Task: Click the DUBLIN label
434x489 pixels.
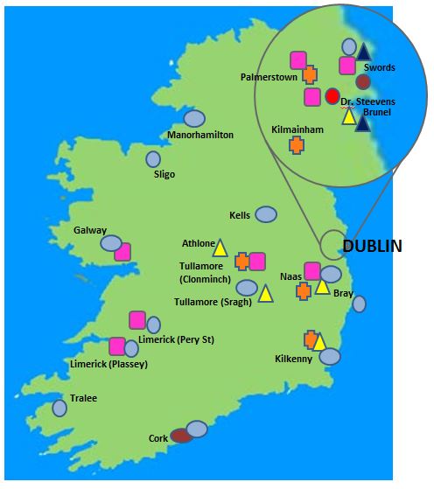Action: [373, 247]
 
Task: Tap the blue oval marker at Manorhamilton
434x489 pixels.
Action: [194, 118]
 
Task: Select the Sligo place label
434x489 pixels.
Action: [164, 174]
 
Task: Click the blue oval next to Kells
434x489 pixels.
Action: [265, 214]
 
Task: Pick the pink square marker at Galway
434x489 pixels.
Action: [122, 252]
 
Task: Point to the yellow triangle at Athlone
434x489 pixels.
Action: [220, 248]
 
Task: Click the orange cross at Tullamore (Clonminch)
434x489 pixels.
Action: [242, 261]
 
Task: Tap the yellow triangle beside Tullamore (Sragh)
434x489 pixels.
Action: [265, 292]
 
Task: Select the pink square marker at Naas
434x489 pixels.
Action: [311, 271]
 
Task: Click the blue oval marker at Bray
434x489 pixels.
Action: [359, 304]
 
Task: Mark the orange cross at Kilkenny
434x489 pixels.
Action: [310, 339]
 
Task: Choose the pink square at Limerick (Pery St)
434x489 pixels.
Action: [137, 319]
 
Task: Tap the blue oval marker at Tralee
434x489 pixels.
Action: [59, 408]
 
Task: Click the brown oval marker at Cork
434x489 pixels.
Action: [181, 435]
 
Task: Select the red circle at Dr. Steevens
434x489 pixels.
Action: [332, 95]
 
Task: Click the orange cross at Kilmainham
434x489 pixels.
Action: [297, 145]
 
